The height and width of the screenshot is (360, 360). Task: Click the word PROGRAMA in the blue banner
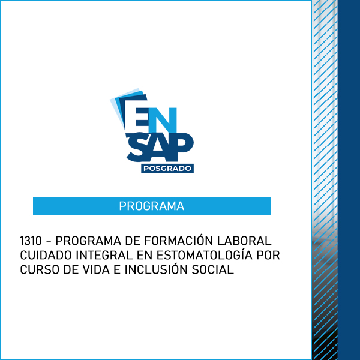coord(152,206)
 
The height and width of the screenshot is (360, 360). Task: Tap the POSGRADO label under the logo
coord(167,169)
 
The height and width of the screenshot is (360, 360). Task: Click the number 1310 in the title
coord(31,241)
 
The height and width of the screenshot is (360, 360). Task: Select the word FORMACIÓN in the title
coord(179,240)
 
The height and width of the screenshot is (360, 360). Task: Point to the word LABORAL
coord(244,241)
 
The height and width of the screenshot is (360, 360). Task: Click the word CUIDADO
coord(46,255)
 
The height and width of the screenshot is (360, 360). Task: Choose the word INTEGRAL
coord(104,255)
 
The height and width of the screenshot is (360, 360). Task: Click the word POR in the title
coord(268,255)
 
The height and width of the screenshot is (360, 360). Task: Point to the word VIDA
coord(96,269)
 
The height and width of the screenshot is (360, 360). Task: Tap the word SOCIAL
coord(212,269)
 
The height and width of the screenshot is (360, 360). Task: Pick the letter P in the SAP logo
coord(181,146)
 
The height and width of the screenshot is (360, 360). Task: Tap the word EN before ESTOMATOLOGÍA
coord(145,255)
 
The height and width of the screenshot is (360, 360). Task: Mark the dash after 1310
coord(49,242)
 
